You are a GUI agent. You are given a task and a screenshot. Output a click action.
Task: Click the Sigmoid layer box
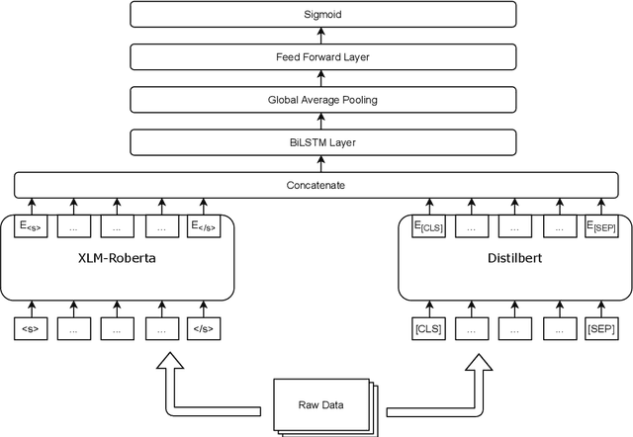(323, 15)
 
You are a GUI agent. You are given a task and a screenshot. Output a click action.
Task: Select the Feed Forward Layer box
(323, 57)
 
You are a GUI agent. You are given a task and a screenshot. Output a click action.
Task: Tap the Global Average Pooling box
(323, 100)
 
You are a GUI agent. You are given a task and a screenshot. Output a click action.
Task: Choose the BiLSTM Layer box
(323, 142)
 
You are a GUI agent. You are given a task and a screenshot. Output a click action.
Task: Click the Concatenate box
(323, 185)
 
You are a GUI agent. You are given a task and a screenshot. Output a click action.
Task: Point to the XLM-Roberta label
(118, 263)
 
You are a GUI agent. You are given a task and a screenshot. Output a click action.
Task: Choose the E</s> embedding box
(202, 227)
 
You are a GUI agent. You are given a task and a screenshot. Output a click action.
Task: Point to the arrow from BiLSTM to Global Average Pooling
(323, 122)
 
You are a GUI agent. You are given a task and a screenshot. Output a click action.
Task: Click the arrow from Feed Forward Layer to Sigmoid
(323, 37)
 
